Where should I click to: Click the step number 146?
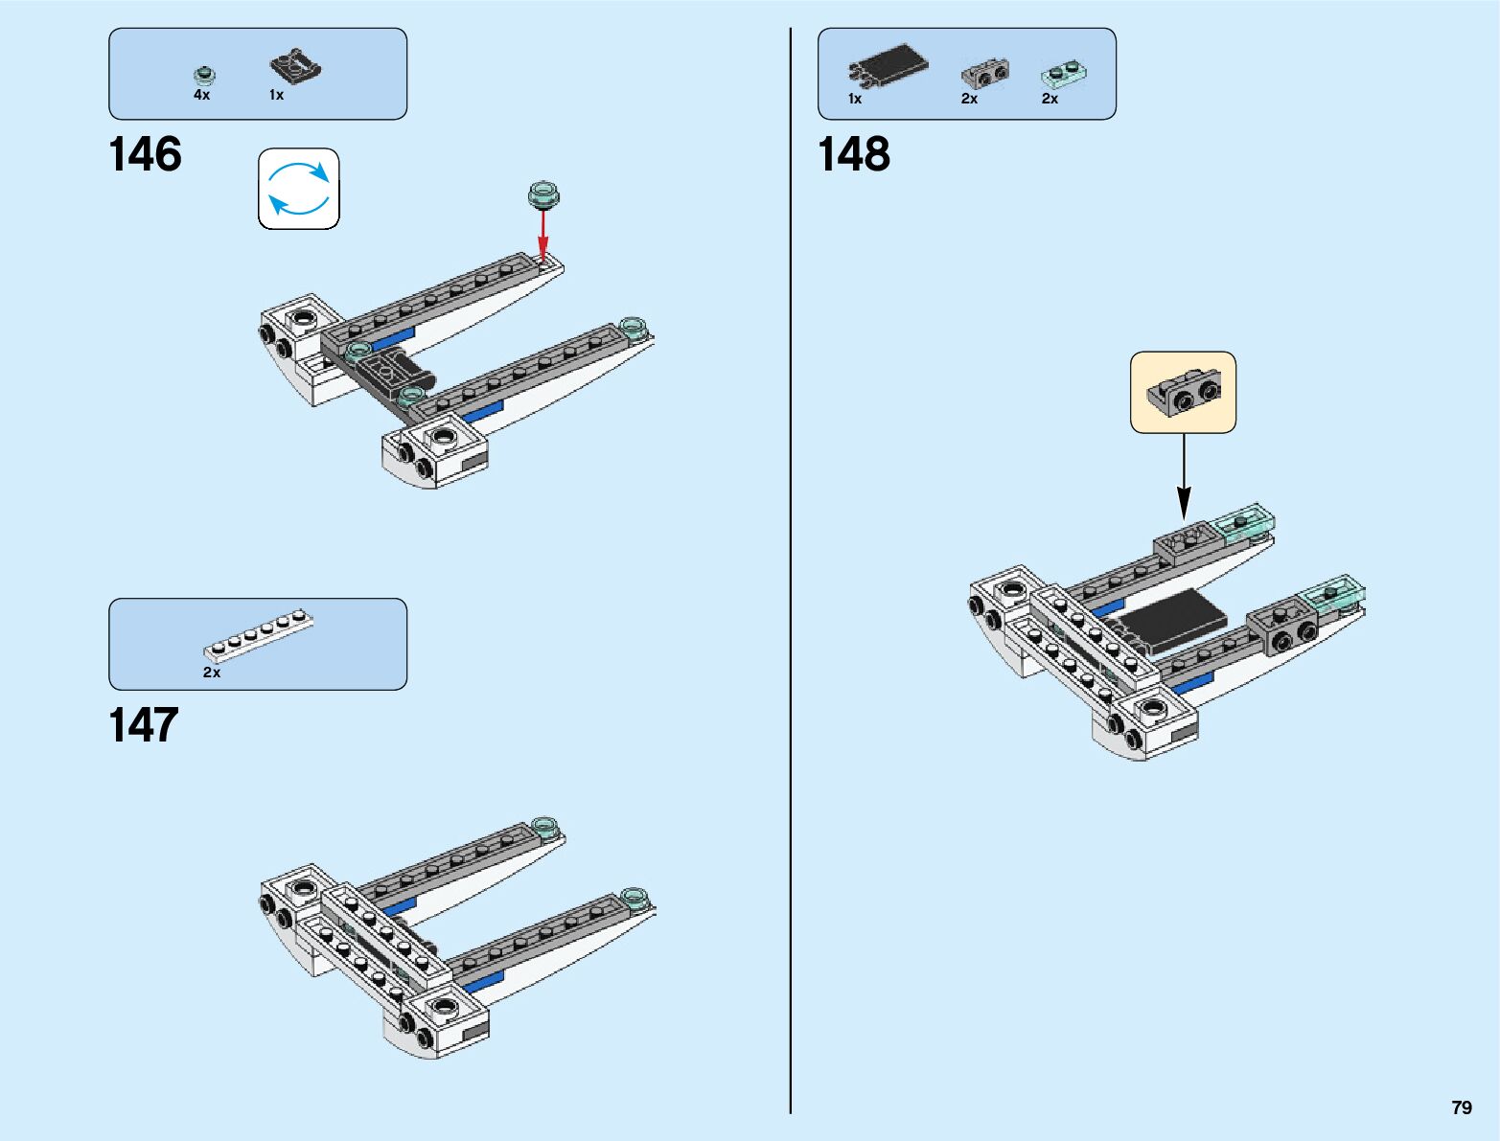(145, 155)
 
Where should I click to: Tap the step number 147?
(144, 725)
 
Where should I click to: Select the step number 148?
(853, 155)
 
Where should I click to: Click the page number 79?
(1461, 1107)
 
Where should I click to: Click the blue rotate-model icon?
(299, 189)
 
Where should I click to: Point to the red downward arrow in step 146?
(542, 235)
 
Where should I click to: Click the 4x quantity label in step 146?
(201, 95)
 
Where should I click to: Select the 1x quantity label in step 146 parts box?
(276, 95)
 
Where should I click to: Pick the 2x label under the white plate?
(212, 673)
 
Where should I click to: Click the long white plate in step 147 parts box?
(259, 635)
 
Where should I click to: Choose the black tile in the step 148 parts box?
(889, 65)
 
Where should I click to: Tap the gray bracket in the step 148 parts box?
(984, 73)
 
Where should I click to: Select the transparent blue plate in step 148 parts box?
(1064, 73)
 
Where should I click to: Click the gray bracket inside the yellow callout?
(1185, 393)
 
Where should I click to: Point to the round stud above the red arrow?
(543, 194)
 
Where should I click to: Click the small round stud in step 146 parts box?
(203, 75)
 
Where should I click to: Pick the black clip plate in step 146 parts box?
(295, 65)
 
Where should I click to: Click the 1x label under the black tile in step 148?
(855, 99)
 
